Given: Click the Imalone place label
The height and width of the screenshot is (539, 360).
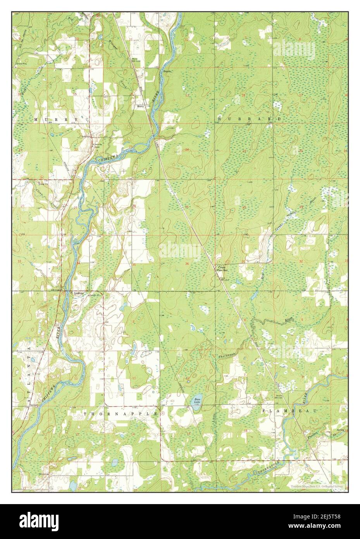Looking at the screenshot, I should pyautogui.click(x=79, y=294).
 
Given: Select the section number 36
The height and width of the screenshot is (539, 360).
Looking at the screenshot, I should pyautogui.click(x=187, y=264).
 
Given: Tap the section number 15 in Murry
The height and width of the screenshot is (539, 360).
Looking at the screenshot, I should pyautogui.click(x=76, y=94).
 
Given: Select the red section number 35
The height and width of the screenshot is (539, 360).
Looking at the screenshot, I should pyautogui.click(x=134, y=264).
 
